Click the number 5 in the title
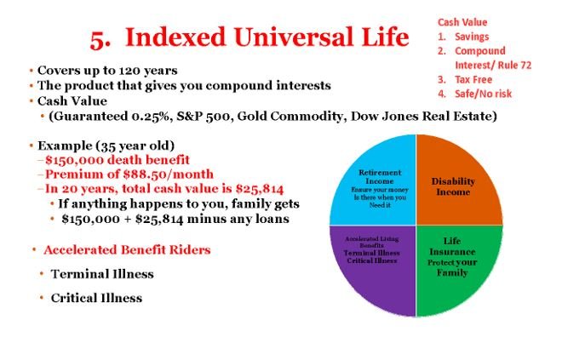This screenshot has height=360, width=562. click(x=97, y=39)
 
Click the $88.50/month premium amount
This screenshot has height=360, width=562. click(x=168, y=174)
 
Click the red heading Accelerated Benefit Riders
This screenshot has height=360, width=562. click(x=127, y=249)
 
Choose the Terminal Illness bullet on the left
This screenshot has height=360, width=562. click(x=102, y=274)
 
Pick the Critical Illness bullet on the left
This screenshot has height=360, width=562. click(x=96, y=298)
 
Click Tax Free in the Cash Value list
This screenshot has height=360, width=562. click(x=473, y=79)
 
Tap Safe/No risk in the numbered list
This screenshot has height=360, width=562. click(x=483, y=94)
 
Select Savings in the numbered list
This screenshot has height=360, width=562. click(x=472, y=37)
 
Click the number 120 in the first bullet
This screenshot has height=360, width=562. click(x=129, y=71)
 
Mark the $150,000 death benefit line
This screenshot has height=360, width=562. click(x=118, y=160)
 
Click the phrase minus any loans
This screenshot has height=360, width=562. click(x=238, y=219)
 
